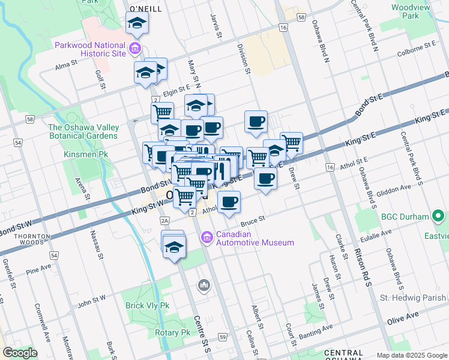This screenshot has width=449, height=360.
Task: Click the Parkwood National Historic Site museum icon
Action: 135,48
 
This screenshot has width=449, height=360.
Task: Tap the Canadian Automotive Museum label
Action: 255,238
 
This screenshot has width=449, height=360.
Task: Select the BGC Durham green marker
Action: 439,216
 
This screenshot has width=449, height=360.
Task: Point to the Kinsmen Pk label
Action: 85,154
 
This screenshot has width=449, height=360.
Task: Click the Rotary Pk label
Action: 172,332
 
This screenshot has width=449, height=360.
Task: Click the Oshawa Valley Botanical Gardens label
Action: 83,131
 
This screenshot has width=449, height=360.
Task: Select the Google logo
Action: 20,353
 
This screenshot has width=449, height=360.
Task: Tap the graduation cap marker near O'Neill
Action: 137,24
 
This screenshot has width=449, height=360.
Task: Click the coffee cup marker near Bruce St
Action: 228,202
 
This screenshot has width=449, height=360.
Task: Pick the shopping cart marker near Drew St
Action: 291,142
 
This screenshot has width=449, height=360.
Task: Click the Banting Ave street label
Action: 320,329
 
